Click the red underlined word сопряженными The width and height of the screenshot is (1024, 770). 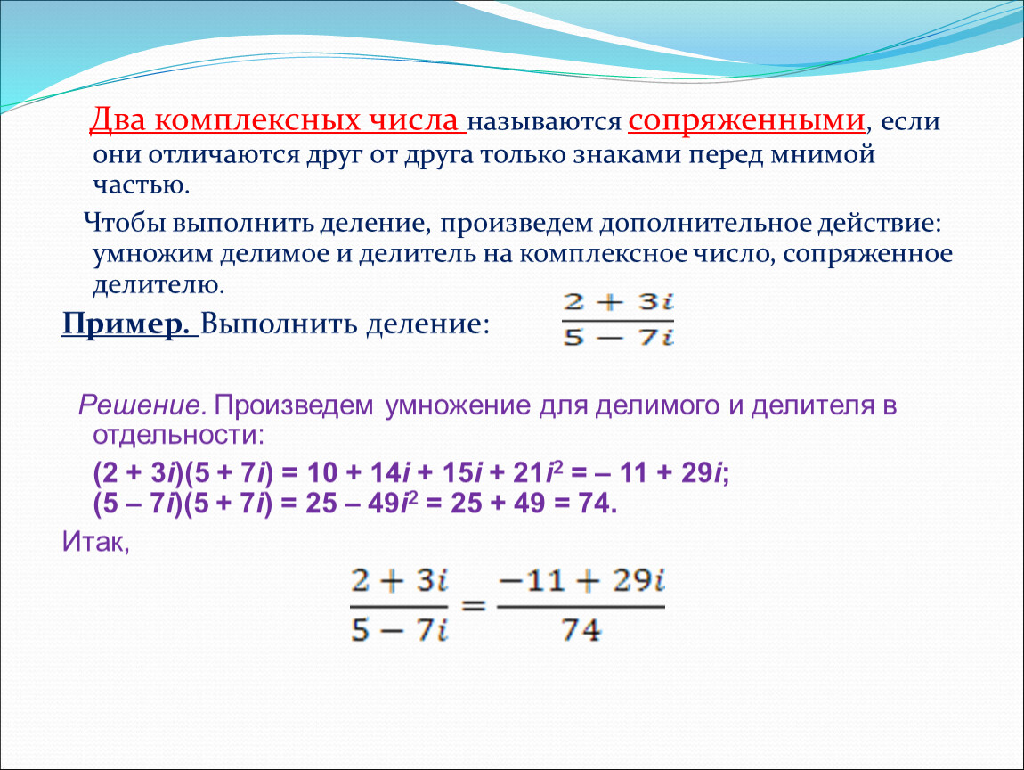click(x=746, y=121)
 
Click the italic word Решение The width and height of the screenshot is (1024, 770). click(x=142, y=405)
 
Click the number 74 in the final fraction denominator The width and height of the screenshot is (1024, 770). click(x=581, y=630)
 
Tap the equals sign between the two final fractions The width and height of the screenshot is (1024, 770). click(x=473, y=605)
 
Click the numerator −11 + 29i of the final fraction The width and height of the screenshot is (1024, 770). click(x=581, y=580)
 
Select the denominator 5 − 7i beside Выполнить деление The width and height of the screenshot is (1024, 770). click(x=618, y=337)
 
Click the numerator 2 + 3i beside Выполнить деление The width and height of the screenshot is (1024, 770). click(x=618, y=302)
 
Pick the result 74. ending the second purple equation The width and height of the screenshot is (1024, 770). click(x=597, y=504)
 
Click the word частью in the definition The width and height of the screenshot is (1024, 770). click(x=141, y=185)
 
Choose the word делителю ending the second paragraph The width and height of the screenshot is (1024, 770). click(x=158, y=285)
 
